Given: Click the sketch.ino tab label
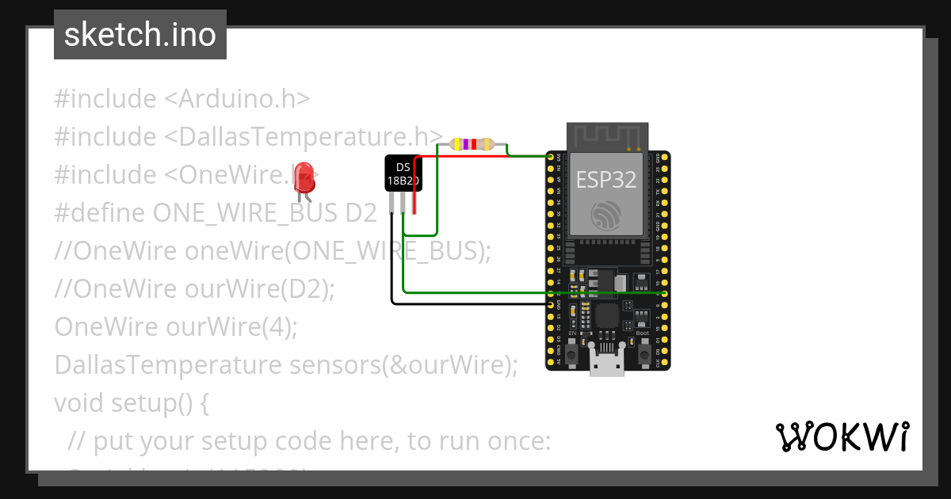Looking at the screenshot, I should tap(140, 35).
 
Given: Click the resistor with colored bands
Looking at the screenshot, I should tap(471, 144).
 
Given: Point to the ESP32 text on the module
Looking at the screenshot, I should tap(606, 180).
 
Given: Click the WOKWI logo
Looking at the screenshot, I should tap(842, 437).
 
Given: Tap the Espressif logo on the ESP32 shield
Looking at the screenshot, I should tap(606, 215).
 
